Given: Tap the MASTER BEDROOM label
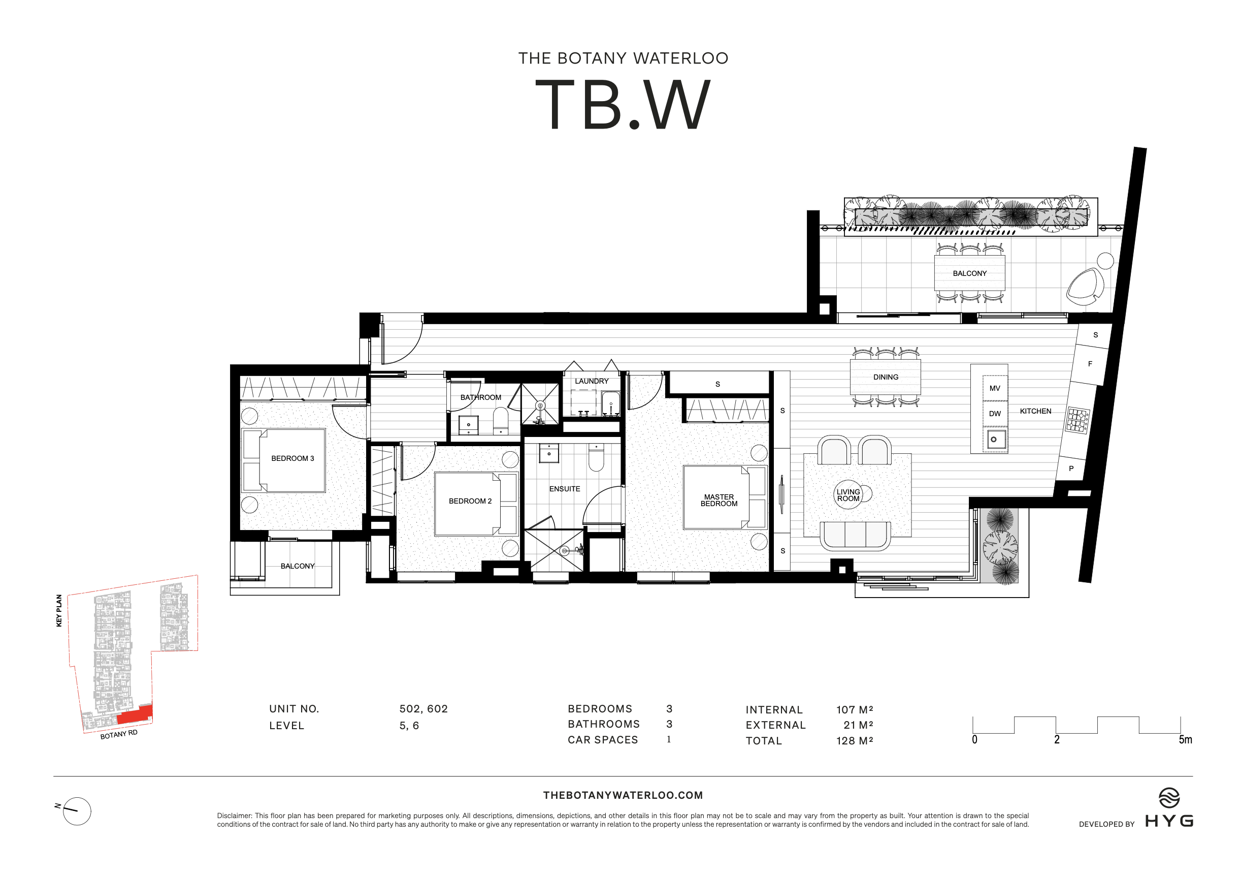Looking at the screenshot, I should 719,500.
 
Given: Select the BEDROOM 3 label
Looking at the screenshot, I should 292,458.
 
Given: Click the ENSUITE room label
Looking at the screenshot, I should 564,488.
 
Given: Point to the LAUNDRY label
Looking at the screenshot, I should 592,381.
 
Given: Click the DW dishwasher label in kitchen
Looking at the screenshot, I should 995,413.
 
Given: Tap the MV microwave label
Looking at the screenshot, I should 995,388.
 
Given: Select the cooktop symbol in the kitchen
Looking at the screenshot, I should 1076,420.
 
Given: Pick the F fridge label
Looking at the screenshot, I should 1090,363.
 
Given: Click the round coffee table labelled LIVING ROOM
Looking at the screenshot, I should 848,494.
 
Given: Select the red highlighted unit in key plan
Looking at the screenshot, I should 135,714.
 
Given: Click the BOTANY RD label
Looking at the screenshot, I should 119,734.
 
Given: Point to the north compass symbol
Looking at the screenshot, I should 76,811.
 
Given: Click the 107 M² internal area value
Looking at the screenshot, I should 854,709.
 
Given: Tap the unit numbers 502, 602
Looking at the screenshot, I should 423,708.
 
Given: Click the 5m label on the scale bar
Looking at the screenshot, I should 1185,739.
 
